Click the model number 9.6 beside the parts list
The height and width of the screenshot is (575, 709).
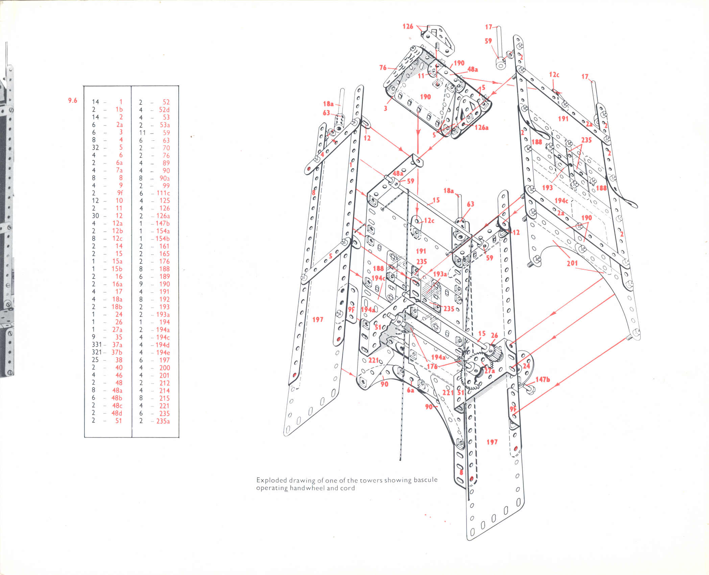click(73, 100)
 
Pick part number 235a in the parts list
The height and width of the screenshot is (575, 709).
click(163, 421)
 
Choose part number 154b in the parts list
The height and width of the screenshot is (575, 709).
click(162, 238)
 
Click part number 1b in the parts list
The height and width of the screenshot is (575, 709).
click(119, 110)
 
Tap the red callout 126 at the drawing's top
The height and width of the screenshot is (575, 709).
click(408, 26)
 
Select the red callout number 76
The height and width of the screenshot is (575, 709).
click(383, 68)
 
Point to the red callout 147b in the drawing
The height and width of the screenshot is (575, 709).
click(542, 379)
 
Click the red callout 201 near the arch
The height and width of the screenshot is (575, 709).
click(572, 263)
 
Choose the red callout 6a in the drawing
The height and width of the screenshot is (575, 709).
click(410, 390)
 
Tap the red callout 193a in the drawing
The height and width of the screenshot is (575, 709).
click(440, 274)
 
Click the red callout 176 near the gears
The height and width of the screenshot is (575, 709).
click(432, 366)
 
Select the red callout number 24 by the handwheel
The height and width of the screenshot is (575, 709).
click(526, 366)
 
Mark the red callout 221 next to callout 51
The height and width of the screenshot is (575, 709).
click(448, 392)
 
